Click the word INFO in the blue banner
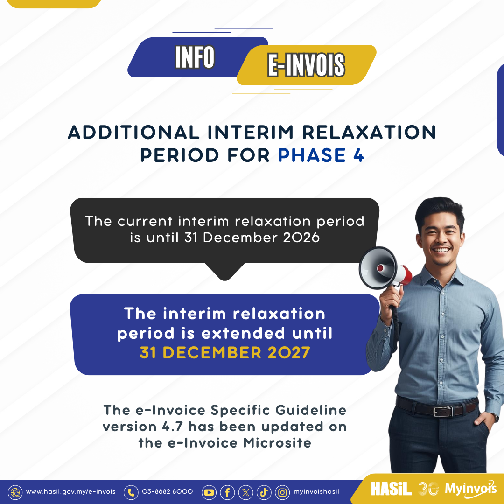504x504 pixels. point(195,57)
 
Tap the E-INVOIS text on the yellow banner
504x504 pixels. point(306,65)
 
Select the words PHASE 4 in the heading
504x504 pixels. point(321,155)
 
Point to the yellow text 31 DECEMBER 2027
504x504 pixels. point(224,353)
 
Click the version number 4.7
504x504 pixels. point(172,427)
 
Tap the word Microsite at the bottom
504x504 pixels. point(277,442)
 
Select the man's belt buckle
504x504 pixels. point(443,411)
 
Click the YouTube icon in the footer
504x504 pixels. point(209,492)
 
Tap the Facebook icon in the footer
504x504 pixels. point(227,492)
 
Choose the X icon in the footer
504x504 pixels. point(245,492)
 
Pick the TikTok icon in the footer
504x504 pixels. point(264,492)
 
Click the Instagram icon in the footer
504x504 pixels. point(282,492)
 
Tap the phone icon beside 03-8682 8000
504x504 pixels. point(131,492)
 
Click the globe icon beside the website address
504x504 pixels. point(15,492)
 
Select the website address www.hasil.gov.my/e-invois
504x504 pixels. point(71,492)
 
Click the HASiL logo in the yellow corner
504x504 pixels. point(391,489)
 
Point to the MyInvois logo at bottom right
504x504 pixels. point(470,489)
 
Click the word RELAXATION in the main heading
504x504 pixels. point(369,132)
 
